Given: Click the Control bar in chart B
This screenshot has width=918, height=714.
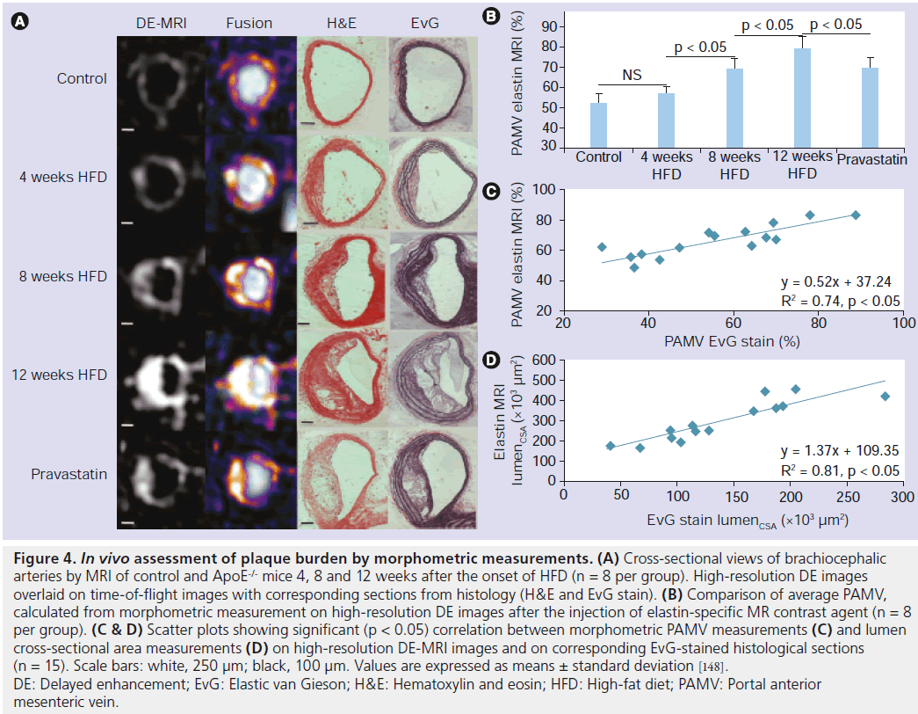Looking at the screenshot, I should (x=598, y=126).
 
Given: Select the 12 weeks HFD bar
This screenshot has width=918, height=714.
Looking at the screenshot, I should (x=801, y=98).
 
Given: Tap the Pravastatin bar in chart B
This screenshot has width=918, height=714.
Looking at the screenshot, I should (x=869, y=108).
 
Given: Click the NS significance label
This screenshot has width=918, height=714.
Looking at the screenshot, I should (x=631, y=75).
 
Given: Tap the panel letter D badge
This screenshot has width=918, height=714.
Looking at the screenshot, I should (x=492, y=361).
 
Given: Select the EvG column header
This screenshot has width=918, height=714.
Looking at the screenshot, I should (x=425, y=23).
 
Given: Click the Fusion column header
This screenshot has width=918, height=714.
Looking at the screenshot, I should (x=249, y=23).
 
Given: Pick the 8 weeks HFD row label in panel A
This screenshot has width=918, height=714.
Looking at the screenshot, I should (x=63, y=276).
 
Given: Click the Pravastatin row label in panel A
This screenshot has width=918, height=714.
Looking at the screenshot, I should (x=69, y=475).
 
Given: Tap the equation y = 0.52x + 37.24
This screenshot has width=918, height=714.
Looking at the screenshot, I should (x=836, y=282).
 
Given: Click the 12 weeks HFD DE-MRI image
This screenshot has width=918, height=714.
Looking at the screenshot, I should (x=161, y=375).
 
